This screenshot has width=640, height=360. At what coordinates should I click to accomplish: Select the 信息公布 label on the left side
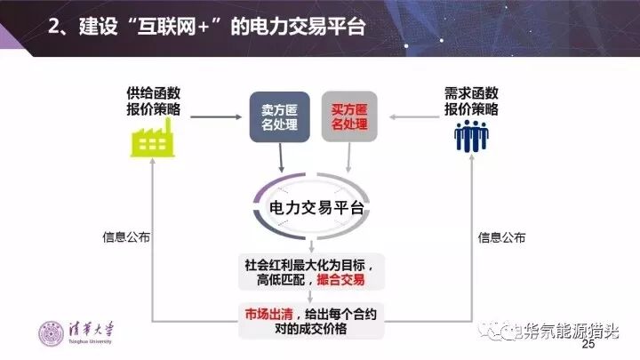pyautogui.click(x=126, y=237)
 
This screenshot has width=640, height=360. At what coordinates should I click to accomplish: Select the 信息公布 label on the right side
pyautogui.click(x=502, y=237)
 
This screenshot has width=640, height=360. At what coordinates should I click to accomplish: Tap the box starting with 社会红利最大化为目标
pyautogui.click(x=313, y=271)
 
